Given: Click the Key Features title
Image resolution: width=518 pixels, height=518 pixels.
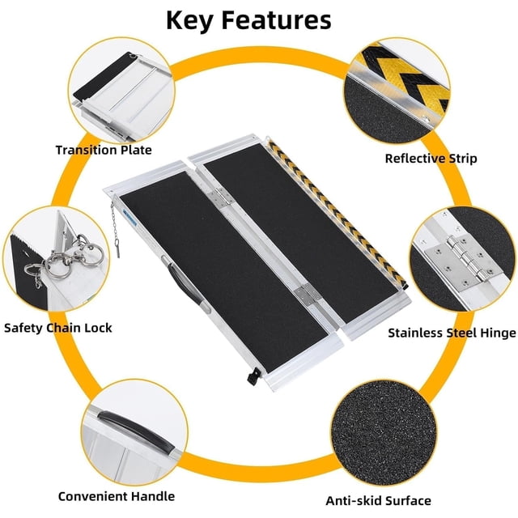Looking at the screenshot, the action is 248,20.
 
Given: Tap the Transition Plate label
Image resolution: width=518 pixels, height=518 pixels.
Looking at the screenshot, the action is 104,150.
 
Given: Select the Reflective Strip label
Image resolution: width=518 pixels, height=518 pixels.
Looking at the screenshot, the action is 431,159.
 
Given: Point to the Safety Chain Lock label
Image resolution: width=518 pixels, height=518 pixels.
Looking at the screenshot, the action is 58,328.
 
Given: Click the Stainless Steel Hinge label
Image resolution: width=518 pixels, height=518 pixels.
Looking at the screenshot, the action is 452,333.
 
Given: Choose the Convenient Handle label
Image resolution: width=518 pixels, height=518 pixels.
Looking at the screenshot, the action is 117,496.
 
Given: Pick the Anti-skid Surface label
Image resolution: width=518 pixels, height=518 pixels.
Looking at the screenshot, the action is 378,501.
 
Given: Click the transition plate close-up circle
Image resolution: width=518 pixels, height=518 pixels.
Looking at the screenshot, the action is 122,91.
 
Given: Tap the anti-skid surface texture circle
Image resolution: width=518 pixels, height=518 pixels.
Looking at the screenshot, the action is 384,435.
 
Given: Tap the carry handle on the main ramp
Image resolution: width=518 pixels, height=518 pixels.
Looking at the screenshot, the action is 185,284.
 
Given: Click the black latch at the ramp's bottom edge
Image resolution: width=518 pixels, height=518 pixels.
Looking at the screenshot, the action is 253,376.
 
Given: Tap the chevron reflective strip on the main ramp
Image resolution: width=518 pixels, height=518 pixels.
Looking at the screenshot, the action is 337,214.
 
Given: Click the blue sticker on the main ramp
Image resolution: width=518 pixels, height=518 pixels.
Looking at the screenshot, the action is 129,216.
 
